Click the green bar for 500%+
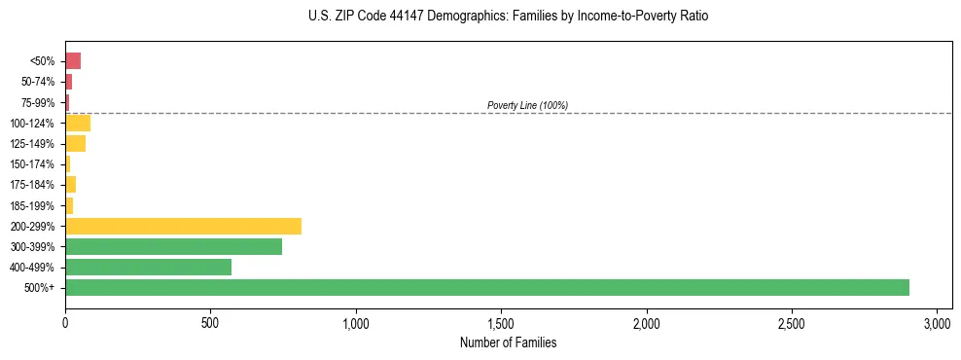click(486, 287)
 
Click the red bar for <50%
click(73, 61)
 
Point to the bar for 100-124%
click(78, 123)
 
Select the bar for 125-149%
click(75, 144)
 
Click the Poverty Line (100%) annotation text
click(527, 105)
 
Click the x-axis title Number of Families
click(508, 342)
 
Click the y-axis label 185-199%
click(34, 205)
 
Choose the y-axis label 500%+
click(41, 288)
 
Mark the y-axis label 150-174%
click(34, 164)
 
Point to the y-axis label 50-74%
click(38, 82)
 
